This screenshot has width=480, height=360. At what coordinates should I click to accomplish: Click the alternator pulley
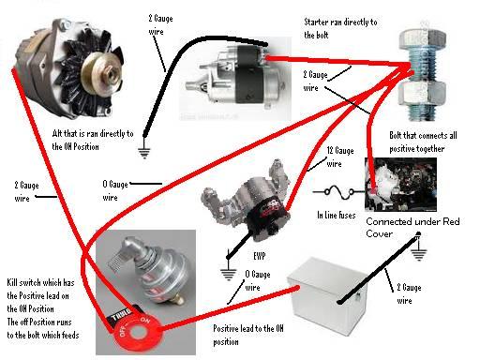click(x=101, y=73)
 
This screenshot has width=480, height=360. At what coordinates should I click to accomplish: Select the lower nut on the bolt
click(x=422, y=93)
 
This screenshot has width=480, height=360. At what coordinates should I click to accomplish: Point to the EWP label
click(x=260, y=256)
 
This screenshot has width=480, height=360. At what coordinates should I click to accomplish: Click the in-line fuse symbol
click(x=339, y=191)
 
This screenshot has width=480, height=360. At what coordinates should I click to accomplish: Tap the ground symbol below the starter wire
click(x=144, y=152)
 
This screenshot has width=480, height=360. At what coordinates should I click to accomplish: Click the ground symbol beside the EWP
click(x=228, y=274)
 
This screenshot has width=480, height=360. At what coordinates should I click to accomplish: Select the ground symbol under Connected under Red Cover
click(x=418, y=255)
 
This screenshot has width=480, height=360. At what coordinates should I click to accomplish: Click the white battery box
click(x=326, y=297)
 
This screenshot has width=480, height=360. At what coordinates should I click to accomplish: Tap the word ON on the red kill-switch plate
click(x=144, y=320)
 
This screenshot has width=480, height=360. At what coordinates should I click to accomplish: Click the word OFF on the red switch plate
click(x=123, y=332)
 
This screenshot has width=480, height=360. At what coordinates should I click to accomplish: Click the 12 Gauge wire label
click(x=340, y=157)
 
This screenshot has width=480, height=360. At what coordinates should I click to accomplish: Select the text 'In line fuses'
click(x=337, y=215)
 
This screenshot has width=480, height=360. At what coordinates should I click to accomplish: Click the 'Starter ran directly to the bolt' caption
click(x=340, y=28)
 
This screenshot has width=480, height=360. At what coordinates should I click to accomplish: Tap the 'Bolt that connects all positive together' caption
click(x=423, y=142)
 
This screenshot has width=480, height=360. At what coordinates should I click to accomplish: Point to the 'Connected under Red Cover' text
click(x=412, y=228)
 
